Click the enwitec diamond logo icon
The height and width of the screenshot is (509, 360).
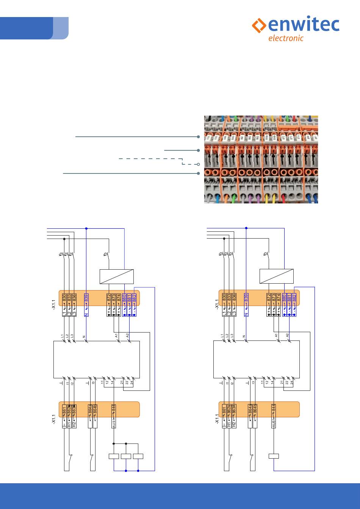(259, 25)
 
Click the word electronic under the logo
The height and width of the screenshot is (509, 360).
(286, 38)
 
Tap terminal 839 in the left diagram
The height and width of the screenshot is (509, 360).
(86, 298)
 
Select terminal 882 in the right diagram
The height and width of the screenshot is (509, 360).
(294, 298)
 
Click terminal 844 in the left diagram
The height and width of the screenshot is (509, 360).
(114, 409)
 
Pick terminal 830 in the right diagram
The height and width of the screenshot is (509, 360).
(224, 298)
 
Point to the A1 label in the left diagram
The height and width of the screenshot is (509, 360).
(117, 336)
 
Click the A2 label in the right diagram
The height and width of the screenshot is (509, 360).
(288, 336)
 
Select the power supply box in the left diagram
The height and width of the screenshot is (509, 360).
(116, 276)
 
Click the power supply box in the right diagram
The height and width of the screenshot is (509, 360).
(276, 276)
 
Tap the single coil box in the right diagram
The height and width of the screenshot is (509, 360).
(274, 456)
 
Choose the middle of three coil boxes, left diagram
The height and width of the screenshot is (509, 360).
(126, 456)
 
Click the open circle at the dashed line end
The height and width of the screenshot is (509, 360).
(198, 164)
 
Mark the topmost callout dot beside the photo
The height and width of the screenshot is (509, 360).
(198, 136)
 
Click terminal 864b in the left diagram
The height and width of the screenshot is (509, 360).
(95, 409)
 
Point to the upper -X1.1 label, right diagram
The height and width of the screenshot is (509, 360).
(217, 304)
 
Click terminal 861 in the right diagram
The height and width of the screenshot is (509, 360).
(224, 409)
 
